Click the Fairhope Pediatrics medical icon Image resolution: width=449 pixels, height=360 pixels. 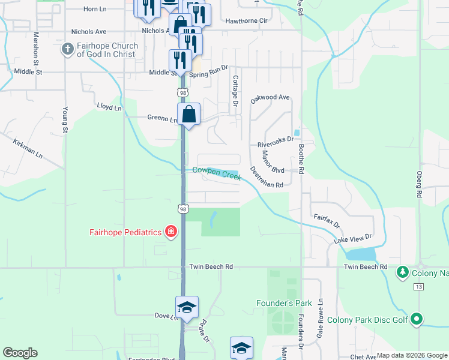tap(170, 232)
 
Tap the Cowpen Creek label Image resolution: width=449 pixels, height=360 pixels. tap(217, 172)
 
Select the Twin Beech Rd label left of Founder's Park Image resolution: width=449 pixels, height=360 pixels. tap(211, 266)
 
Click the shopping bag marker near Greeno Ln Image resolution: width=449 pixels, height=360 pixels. tap(188, 114)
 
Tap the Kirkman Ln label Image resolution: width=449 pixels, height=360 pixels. tap(28, 148)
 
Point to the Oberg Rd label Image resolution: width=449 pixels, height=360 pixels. tap(419, 184)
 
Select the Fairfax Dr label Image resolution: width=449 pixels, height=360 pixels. tap(327, 220)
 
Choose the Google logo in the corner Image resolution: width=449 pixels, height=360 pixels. tap(20, 353)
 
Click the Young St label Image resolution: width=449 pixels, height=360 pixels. tap(65, 119)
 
